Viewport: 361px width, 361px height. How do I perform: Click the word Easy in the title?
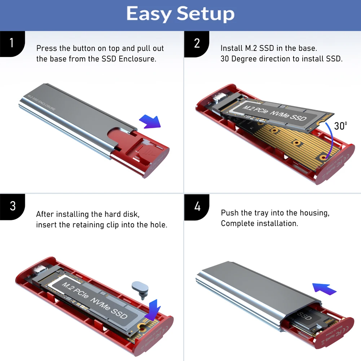[x=148, y=14]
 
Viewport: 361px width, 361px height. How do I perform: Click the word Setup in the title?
[x=206, y=14]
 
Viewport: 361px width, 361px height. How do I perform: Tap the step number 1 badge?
[x=12, y=43]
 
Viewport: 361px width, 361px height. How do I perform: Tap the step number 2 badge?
[x=197, y=43]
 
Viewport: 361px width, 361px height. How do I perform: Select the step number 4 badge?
[x=197, y=207]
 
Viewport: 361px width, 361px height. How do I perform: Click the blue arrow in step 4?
[x=324, y=289]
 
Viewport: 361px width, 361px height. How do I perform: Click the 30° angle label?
[x=340, y=126]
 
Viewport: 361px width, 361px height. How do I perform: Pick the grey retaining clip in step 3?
[x=141, y=287]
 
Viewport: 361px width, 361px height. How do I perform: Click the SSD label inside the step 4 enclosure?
[x=304, y=316]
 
